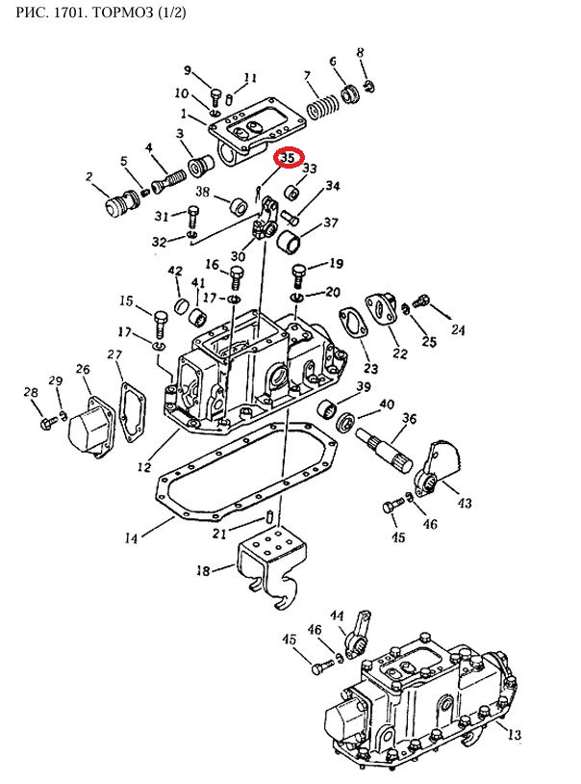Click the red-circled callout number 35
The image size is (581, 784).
point(289,158)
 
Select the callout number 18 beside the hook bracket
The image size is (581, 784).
point(203,570)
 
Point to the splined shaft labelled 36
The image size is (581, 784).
point(384,450)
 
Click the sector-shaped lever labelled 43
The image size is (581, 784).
point(437,468)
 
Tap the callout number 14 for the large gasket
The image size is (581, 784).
point(131,538)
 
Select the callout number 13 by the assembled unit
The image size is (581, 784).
point(514,734)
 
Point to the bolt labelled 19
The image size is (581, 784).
point(298,275)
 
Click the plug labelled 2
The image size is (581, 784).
point(119,202)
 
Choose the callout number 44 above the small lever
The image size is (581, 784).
point(338,615)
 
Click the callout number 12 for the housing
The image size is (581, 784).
point(144,467)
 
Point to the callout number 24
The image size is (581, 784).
point(458,329)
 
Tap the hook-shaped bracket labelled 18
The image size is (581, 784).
point(273,566)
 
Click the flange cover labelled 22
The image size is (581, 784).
point(382,309)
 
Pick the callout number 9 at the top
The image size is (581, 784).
point(188,70)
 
